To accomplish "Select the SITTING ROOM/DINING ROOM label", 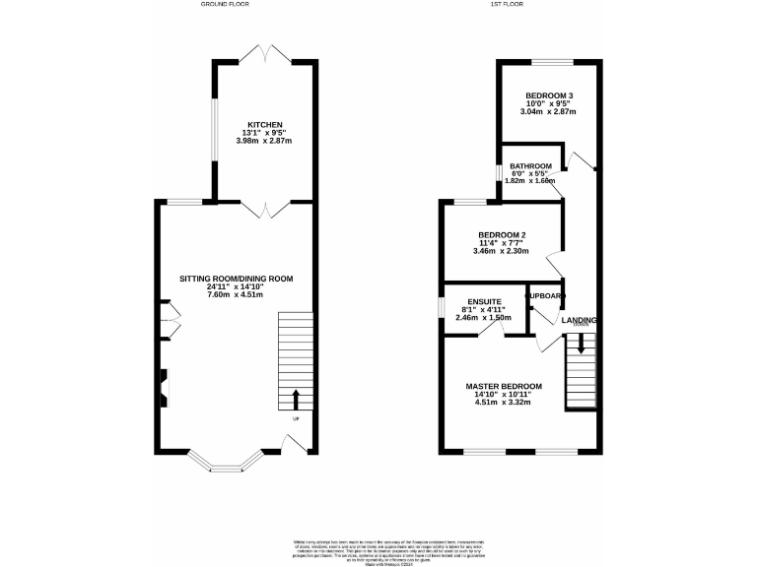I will pos(236,279).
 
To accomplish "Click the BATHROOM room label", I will pos(530,165).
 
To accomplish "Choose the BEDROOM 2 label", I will pos(502,235).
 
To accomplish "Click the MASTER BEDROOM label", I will pos(504,386).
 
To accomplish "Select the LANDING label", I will pos(579,320).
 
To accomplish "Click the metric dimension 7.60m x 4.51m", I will pos(236,293).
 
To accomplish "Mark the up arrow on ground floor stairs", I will pos(297,398).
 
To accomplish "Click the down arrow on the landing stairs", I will pos(581,344).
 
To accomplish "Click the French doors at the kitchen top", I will pos(264,53).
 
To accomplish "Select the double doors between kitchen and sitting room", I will pos(264,209).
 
